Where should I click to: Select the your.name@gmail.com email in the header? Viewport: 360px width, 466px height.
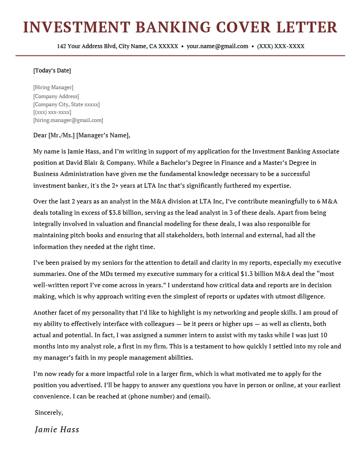coord(217,46)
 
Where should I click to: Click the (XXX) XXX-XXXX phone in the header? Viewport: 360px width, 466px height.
coord(281,46)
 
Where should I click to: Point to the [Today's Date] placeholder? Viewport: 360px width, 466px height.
coord(52,71)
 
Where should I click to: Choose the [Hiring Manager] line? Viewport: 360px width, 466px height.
coord(53,87)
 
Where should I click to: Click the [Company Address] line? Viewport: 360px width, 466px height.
coord(56,96)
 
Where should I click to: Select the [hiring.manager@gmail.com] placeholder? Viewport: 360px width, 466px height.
coord(68,121)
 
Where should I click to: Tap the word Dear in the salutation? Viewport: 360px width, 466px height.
coord(40,135)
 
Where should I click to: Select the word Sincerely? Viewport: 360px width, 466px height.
coord(49,412)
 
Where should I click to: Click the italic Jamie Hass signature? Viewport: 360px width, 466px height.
coord(57,430)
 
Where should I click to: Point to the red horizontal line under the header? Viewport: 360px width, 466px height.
coord(180,56)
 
